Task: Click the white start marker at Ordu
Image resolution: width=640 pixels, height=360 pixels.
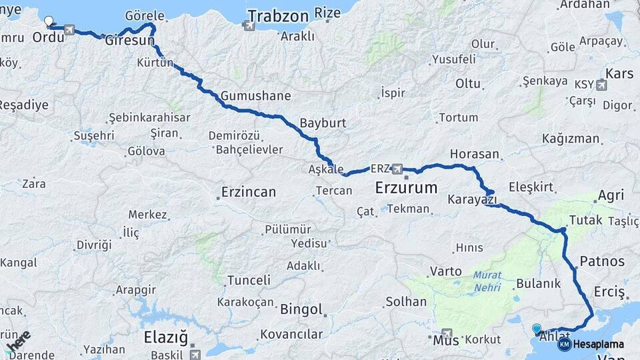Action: coord(48,20)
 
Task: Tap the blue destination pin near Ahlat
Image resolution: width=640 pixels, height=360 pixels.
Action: coord(537,328)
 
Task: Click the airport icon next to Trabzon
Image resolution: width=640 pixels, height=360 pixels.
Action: coord(249,27)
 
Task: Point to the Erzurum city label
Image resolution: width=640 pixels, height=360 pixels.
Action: coord(406,187)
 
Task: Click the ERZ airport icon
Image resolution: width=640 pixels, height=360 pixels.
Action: coord(398,168)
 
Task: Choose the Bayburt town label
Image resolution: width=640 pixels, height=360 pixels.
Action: coord(323,123)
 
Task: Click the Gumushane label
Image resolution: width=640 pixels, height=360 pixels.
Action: coord(256,96)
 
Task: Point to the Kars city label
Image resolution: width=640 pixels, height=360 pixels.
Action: coord(619,73)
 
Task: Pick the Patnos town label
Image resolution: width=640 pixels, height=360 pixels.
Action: coord(602,261)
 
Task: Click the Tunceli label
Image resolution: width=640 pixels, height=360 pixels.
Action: coord(249,281)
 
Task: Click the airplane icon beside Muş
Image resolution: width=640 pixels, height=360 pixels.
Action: coord(447,333)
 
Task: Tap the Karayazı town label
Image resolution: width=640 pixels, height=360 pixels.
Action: coord(473,200)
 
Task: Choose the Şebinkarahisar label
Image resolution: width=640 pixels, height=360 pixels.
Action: coord(149,118)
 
